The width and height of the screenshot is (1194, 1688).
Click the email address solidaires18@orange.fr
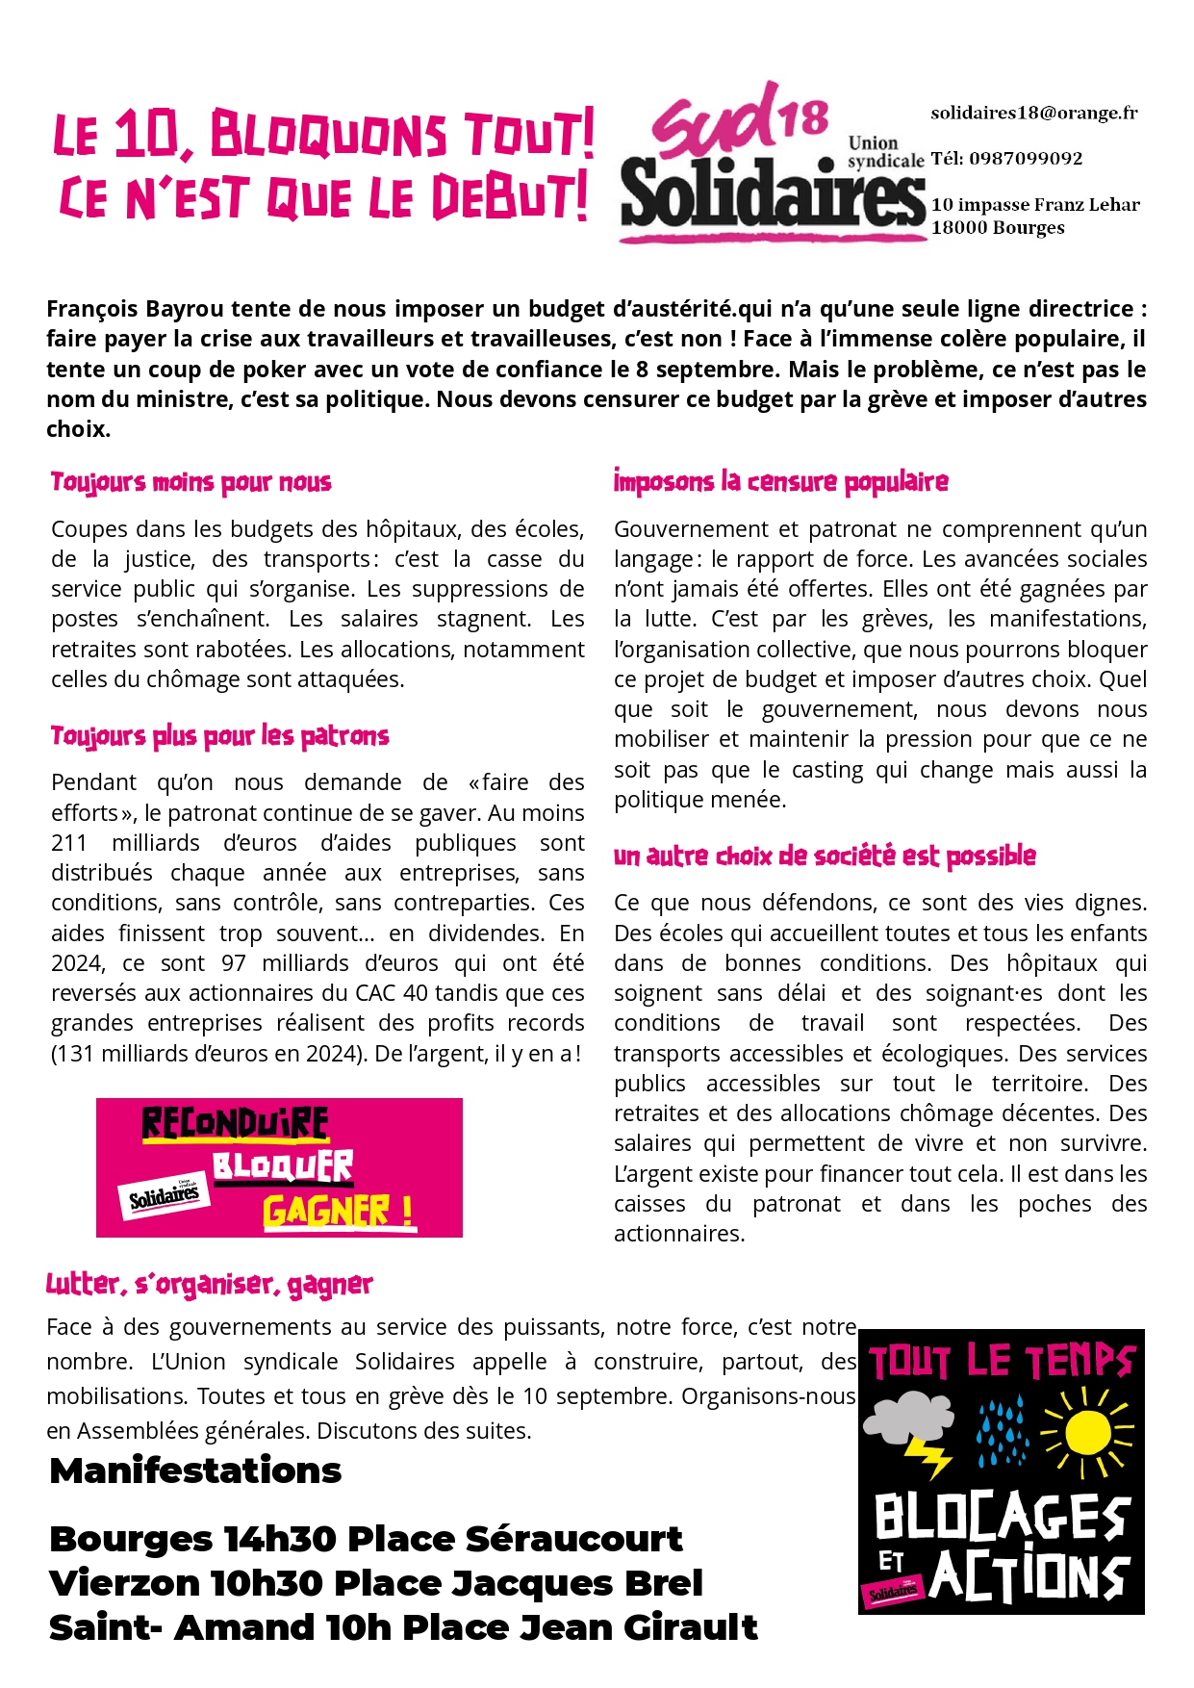(x=1033, y=114)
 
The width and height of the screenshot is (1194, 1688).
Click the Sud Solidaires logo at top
(x=770, y=164)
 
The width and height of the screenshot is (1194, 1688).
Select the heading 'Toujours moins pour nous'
(x=191, y=482)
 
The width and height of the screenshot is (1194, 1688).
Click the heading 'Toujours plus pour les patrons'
(x=219, y=737)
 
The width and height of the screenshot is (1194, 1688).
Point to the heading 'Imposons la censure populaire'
(x=780, y=481)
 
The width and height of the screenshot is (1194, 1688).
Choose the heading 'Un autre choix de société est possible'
(x=825, y=856)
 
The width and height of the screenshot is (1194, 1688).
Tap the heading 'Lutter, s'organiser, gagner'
(x=209, y=1284)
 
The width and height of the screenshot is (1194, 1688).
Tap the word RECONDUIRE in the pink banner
(x=236, y=1124)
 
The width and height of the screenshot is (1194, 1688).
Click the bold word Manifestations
(x=195, y=1471)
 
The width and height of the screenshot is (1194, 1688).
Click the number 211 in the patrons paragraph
(x=69, y=843)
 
